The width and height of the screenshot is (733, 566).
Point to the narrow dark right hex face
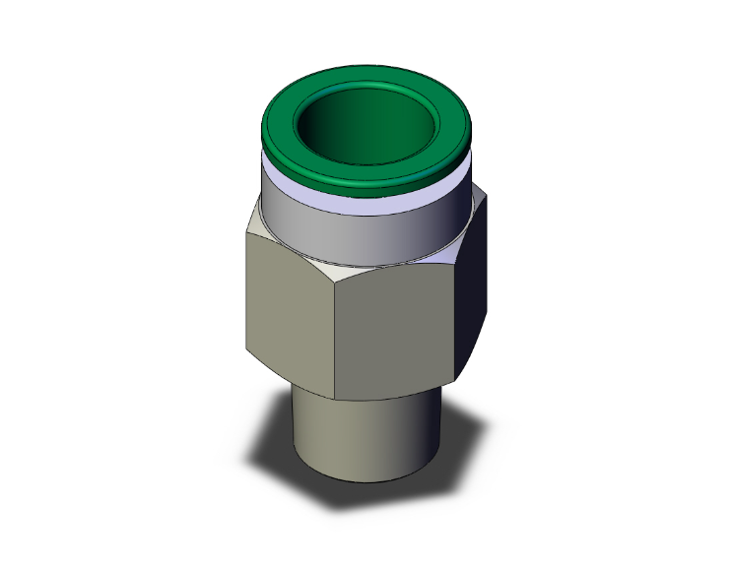click(474, 295)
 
